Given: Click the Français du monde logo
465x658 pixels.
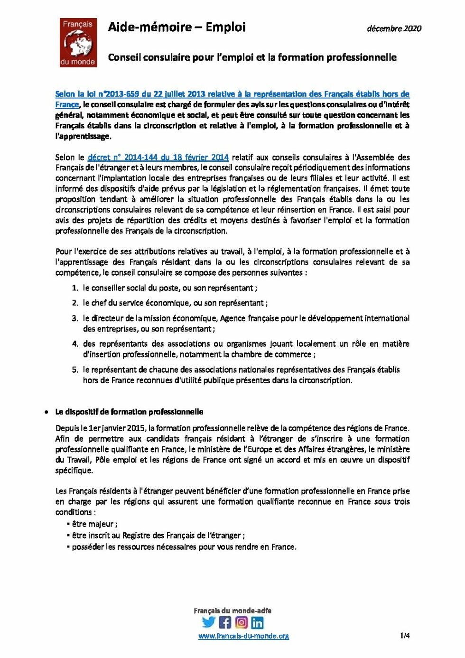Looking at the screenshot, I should (78, 43).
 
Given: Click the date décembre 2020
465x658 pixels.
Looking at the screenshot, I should (394, 28).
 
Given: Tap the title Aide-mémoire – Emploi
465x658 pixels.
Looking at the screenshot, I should (177, 27).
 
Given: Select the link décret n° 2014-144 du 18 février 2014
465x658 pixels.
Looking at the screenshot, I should (158, 158).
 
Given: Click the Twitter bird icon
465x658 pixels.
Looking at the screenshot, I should (209, 622).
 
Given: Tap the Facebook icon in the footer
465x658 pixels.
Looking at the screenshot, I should (225, 622).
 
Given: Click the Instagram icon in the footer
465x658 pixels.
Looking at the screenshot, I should (241, 622).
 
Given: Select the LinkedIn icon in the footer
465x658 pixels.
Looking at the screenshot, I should (257, 622).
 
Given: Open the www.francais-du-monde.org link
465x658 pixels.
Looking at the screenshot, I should (243, 636).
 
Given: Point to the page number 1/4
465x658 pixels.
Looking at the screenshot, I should (405, 636).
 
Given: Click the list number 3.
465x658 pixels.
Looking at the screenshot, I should (75, 318).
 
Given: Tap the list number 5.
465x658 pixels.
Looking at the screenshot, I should (75, 370).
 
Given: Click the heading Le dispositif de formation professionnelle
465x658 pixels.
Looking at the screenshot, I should (129, 412).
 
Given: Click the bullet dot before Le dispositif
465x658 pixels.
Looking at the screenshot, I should (46, 412).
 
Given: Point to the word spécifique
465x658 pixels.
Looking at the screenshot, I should (74, 471).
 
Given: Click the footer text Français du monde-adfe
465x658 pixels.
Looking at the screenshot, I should (232, 611).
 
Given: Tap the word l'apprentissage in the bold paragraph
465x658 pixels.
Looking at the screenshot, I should (83, 137).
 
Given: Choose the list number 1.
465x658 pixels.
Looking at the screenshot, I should (75, 288).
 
